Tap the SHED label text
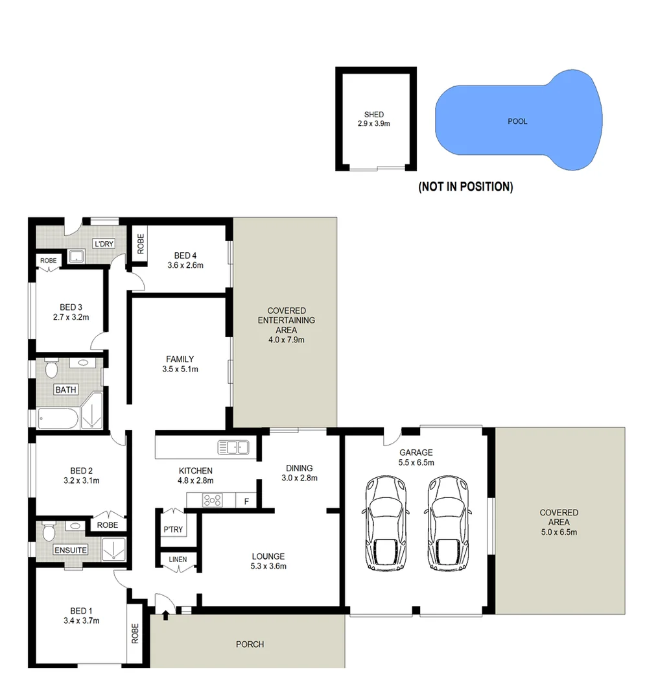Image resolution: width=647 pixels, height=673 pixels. pyautogui.click(x=374, y=115)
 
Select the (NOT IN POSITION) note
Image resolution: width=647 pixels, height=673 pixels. pyautogui.click(x=465, y=187)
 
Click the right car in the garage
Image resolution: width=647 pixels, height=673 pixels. pyautogui.click(x=447, y=523)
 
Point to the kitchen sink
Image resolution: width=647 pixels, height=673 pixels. pyautogui.click(x=233, y=447)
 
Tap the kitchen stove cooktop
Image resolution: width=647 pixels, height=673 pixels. pyautogui.click(x=213, y=500)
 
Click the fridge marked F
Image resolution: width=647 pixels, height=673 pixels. pyautogui.click(x=246, y=501)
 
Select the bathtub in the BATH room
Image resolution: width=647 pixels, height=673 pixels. pyautogui.click(x=58, y=419)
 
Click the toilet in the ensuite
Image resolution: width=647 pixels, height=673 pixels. pyautogui.click(x=47, y=532)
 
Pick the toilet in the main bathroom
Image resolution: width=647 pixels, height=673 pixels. pyautogui.click(x=51, y=369)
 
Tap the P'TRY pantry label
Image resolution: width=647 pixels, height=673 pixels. pyautogui.click(x=172, y=530)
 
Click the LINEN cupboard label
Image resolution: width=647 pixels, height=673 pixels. pyautogui.click(x=177, y=560)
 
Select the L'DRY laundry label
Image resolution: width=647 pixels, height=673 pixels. pyautogui.click(x=103, y=244)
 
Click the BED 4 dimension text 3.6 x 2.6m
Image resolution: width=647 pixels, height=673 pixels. pyautogui.click(x=185, y=265)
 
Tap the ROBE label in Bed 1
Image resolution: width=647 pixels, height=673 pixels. pyautogui.click(x=135, y=633)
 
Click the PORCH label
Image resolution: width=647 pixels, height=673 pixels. pyautogui.click(x=250, y=644)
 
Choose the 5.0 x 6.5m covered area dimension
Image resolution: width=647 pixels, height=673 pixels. pyautogui.click(x=558, y=532)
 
